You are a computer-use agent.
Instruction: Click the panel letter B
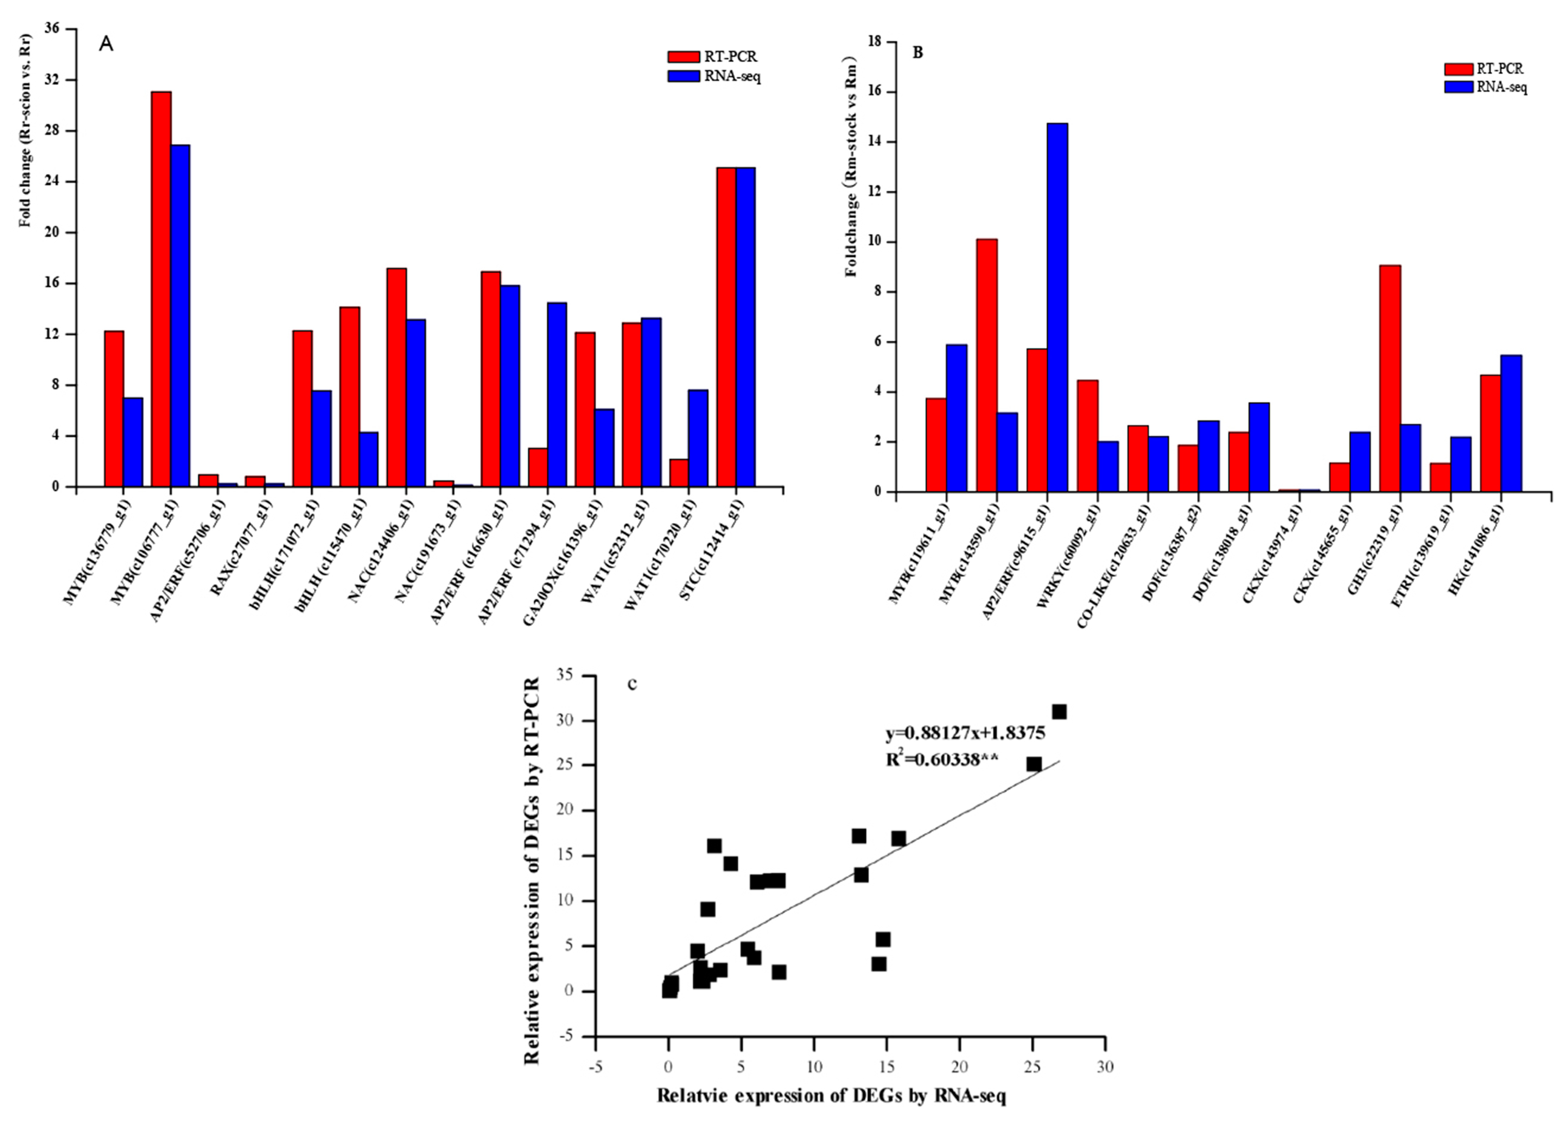(918, 53)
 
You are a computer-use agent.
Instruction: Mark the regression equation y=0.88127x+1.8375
(965, 733)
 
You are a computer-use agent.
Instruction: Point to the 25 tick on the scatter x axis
(1032, 1067)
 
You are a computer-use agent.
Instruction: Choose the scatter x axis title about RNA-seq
(830, 1095)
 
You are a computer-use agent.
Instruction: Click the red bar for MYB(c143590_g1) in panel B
(987, 365)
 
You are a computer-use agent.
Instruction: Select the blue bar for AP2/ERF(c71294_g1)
(557, 394)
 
